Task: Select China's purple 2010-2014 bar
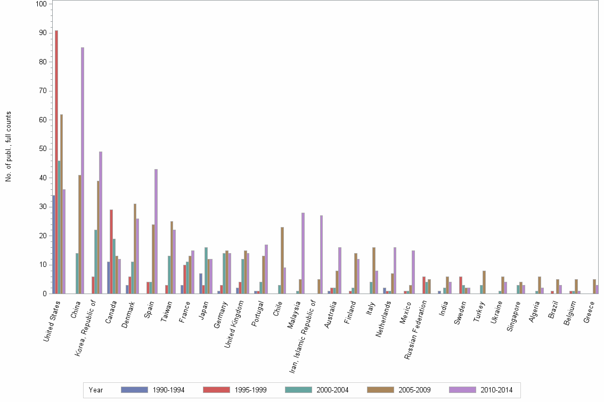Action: click(83, 170)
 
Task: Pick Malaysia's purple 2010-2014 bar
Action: click(303, 253)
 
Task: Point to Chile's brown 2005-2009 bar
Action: click(282, 260)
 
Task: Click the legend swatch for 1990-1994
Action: click(134, 390)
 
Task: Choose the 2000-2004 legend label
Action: click(333, 390)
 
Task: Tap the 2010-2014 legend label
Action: click(497, 390)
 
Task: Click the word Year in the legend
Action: click(96, 390)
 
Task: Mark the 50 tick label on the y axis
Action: click(42, 149)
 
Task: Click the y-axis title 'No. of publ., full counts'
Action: click(9, 147)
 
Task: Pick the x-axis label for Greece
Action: click(590, 314)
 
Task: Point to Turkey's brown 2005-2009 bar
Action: click(484, 282)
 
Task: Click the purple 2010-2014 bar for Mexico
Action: click(413, 272)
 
